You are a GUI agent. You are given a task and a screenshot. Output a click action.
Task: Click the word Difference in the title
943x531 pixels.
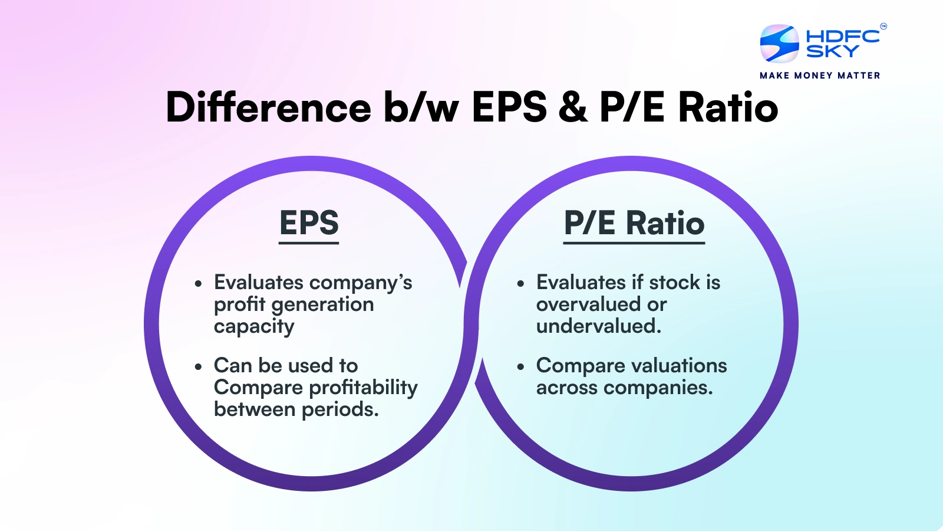click(268, 107)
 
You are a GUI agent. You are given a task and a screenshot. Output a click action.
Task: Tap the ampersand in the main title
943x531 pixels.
click(573, 107)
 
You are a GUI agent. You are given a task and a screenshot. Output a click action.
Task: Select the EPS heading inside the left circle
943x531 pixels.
click(309, 223)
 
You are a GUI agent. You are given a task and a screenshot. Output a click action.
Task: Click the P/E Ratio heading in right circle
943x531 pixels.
click(634, 223)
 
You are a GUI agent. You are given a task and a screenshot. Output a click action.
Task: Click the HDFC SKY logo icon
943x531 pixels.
click(779, 44)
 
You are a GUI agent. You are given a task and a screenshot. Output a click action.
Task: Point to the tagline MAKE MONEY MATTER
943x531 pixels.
click(820, 76)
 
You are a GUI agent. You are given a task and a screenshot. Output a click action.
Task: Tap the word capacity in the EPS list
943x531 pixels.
click(254, 327)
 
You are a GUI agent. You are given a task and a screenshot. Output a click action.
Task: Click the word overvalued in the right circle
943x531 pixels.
click(588, 304)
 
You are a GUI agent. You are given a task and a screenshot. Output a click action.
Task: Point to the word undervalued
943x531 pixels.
click(598, 326)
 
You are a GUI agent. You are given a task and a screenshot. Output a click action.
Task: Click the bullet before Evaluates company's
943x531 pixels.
click(198, 284)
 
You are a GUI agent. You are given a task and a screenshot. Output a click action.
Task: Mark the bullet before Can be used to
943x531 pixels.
click(198, 366)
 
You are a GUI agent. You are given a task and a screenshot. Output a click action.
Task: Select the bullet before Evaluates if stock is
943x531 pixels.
click(520, 284)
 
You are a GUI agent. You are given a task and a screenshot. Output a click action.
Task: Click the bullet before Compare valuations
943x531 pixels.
click(520, 366)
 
